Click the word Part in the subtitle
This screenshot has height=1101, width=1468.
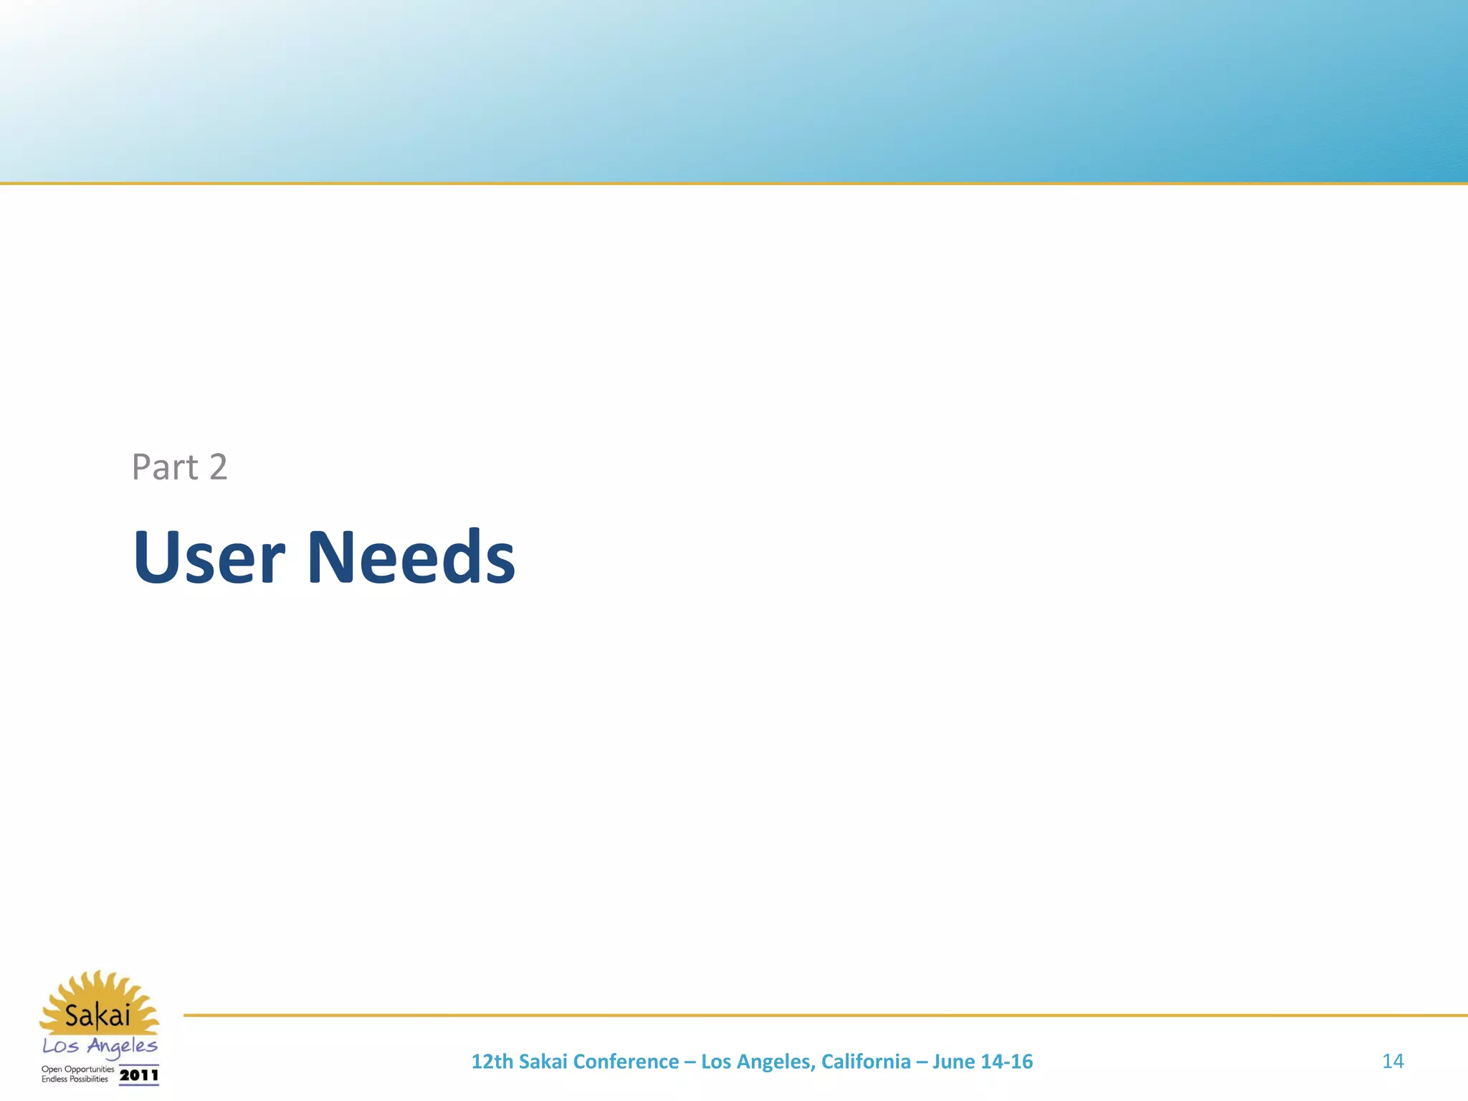pos(165,467)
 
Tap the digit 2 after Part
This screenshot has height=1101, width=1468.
pos(218,467)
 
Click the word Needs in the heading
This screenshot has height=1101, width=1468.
pos(411,557)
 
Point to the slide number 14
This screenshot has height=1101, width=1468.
pos(1392,1061)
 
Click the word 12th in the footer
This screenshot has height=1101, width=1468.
pos(492,1062)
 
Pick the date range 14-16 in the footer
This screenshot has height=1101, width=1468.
pos(1008,1062)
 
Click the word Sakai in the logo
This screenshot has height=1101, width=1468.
pos(97,1016)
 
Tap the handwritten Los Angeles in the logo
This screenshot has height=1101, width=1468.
pos(100,1047)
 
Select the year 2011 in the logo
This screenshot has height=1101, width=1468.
pos(138,1075)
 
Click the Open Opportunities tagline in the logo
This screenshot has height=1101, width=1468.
pos(77,1069)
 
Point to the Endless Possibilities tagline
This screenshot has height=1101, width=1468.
pos(75,1079)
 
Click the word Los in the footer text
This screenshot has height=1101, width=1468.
pos(715,1062)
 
